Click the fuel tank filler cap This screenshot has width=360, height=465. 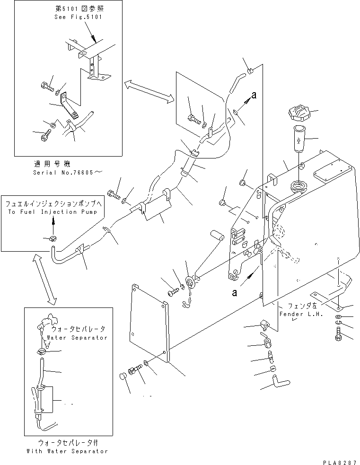click(299, 113)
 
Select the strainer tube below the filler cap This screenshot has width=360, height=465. click(299, 139)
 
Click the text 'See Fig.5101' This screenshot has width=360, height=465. click(78, 17)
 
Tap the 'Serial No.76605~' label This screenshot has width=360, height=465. click(67, 172)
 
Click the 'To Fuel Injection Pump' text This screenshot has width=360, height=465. click(53, 212)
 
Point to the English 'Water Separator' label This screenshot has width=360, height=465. click(77, 337)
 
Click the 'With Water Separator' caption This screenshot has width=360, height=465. click(67, 451)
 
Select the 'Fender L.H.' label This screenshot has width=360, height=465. click(301, 314)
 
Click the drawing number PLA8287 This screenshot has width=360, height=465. click(340, 462)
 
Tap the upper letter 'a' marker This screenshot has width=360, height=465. click(254, 95)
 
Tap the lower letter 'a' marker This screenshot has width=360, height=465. click(235, 293)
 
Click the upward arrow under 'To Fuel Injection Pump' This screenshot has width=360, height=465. click(53, 224)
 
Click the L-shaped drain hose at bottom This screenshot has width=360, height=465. click(281, 380)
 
